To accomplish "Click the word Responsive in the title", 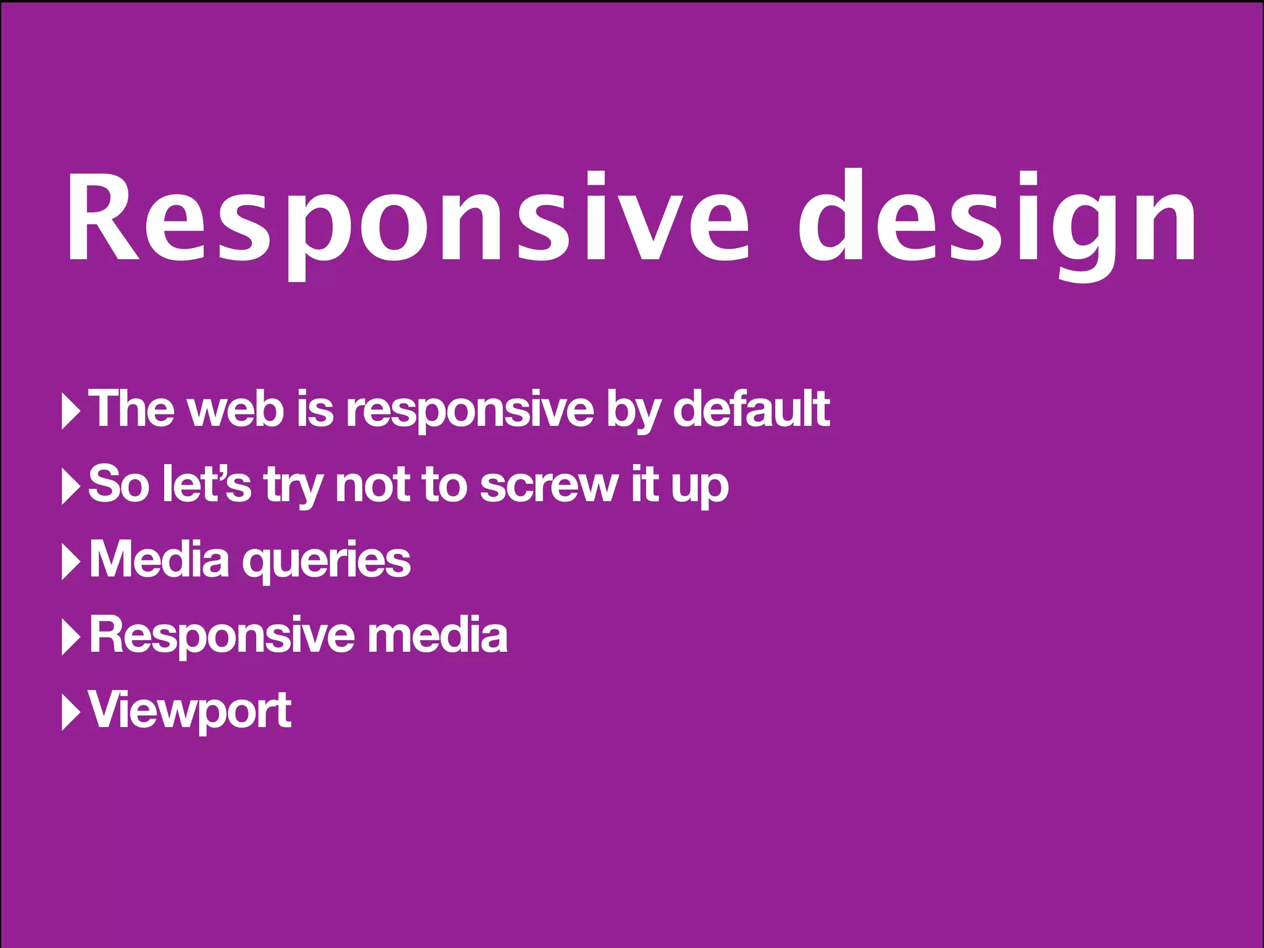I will pos(407,219).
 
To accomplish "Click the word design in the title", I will pos(997,219).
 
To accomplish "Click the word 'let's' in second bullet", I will pos(207,484).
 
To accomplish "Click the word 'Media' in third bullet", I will pos(159,559).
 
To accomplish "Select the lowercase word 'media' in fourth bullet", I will pos(437,636).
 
